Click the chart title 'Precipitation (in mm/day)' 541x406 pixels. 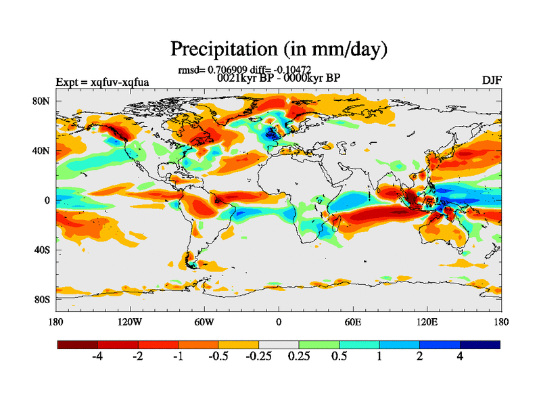pyautogui.click(x=278, y=49)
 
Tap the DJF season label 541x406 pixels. pyautogui.click(x=491, y=81)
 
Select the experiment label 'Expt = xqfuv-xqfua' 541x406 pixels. pyautogui.click(x=102, y=83)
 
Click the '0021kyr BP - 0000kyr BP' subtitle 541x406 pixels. pyautogui.click(x=278, y=77)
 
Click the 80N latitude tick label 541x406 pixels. pyautogui.click(x=43, y=101)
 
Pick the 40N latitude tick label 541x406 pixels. pyautogui.click(x=43, y=150)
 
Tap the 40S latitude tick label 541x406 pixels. pyautogui.click(x=43, y=250)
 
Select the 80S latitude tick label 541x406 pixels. pyautogui.click(x=43, y=299)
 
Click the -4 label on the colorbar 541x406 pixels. pyautogui.click(x=97, y=357)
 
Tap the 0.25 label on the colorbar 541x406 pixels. pyautogui.click(x=298, y=357)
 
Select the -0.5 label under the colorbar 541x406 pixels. pyautogui.click(x=218, y=357)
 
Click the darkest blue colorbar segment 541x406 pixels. pyautogui.click(x=480, y=344)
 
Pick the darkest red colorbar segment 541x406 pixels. pyautogui.click(x=78, y=344)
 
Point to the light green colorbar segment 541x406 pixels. pyautogui.click(x=319, y=344)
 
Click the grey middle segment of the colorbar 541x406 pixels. pyautogui.click(x=279, y=344)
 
